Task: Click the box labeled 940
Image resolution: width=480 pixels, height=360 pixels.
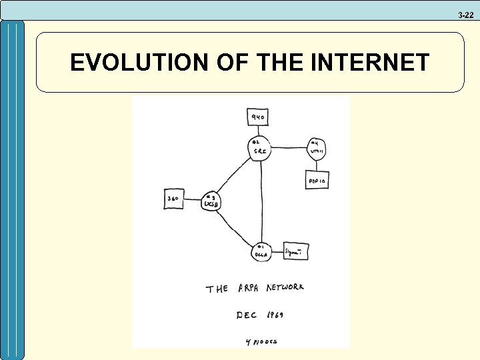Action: point(258,117)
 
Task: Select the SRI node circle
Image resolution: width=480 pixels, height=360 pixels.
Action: point(259,147)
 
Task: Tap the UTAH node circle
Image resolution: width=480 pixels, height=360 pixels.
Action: point(316,148)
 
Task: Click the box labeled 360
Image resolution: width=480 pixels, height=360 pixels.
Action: point(174,199)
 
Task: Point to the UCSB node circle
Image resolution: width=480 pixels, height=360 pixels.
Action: point(211,201)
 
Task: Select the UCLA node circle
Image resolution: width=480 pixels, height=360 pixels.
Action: point(260,251)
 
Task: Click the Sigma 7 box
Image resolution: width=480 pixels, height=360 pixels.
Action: point(296,251)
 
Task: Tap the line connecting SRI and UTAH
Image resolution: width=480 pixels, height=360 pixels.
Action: point(287,147)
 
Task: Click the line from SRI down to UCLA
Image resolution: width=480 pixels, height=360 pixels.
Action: point(260,200)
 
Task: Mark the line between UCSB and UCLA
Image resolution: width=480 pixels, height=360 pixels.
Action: point(233,230)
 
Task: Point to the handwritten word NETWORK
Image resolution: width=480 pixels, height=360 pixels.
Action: point(285,287)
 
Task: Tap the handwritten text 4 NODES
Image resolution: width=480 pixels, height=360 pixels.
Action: point(261,341)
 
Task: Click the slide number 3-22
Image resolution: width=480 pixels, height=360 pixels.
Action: point(465,15)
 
